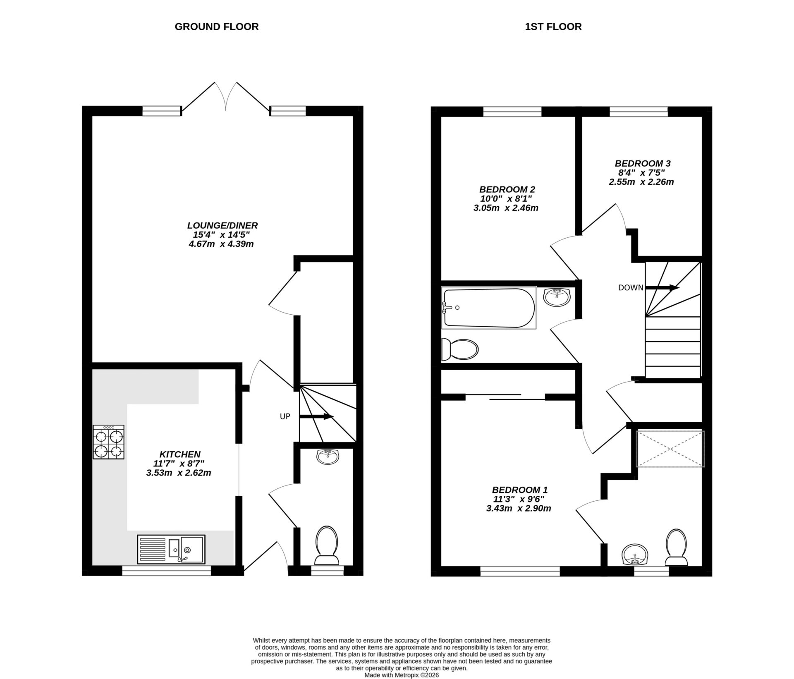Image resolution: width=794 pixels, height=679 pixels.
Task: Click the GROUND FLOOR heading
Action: (216, 26)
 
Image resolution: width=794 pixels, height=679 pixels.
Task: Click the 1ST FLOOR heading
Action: (553, 26)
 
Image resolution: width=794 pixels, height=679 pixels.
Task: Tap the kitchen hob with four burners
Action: (108, 442)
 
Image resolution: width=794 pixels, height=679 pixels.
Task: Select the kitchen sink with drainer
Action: (171, 550)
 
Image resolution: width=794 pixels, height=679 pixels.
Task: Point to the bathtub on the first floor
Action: (488, 308)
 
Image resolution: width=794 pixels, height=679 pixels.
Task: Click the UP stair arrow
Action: (316, 416)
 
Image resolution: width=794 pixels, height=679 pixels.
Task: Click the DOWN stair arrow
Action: (662, 287)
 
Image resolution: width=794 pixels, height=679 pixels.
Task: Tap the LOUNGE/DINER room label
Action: (222, 225)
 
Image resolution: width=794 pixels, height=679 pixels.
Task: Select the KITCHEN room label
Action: (180, 454)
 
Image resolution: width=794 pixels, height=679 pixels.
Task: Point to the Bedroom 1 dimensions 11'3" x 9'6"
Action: (519, 499)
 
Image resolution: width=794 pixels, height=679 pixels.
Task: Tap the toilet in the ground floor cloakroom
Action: (327, 545)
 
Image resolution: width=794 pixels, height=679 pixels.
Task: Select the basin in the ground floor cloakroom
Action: (328, 457)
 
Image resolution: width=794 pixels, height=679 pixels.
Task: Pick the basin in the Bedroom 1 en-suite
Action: (635, 554)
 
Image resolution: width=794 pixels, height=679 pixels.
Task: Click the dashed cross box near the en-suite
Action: (670, 449)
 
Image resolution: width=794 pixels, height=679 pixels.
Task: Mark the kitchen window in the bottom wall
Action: (166, 571)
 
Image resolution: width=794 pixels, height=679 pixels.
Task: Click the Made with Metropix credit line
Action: (401, 675)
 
